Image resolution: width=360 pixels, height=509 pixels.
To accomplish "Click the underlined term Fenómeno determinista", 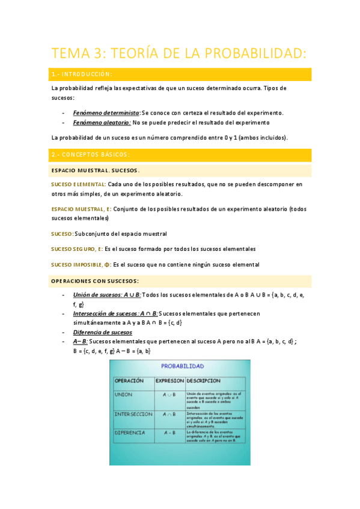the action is pyautogui.click(x=106, y=112).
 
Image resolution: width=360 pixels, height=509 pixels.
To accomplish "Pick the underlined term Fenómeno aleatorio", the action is pyautogui.click(x=102, y=122).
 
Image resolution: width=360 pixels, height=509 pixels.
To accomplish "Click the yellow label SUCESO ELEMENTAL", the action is pyautogui.click(x=79, y=184).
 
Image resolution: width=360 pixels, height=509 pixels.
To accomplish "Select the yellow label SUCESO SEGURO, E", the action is pyautogui.click(x=76, y=248).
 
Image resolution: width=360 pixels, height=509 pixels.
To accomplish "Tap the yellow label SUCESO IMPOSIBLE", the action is pyautogui.click(x=81, y=264).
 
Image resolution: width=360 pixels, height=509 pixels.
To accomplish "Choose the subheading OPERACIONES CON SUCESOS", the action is pyautogui.click(x=95, y=280).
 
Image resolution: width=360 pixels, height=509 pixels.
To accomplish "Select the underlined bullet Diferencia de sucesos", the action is pyautogui.click(x=102, y=332).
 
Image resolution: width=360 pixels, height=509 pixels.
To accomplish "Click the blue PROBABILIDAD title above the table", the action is pyautogui.click(x=182, y=366).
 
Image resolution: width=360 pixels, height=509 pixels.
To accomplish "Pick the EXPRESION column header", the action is pyautogui.click(x=169, y=381).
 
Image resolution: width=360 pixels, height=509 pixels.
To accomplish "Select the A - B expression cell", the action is pyautogui.click(x=169, y=432).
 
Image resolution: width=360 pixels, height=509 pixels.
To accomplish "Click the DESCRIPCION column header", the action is pyautogui.click(x=204, y=381).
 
